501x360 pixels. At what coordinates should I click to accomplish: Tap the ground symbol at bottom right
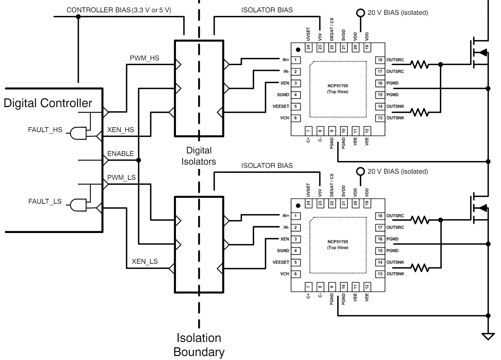488,336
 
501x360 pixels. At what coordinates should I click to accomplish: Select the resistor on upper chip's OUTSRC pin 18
420,65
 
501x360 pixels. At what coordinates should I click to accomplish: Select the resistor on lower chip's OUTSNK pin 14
420,268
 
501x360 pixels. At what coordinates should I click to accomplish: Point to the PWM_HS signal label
144,58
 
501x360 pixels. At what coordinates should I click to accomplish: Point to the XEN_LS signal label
144,261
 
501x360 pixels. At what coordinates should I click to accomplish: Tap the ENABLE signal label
121,154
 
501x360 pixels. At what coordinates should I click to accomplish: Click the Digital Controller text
48,103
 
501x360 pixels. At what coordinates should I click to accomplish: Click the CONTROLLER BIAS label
98,10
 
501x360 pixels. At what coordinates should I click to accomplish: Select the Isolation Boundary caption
199,345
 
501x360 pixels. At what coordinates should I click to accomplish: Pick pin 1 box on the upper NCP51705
296,60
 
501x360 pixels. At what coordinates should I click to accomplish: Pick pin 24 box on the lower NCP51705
308,203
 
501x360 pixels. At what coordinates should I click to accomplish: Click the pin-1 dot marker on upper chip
298,50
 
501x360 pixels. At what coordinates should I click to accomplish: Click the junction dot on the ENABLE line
138,160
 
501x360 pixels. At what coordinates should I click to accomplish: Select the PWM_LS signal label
121,178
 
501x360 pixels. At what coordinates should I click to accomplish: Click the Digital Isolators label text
199,156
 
